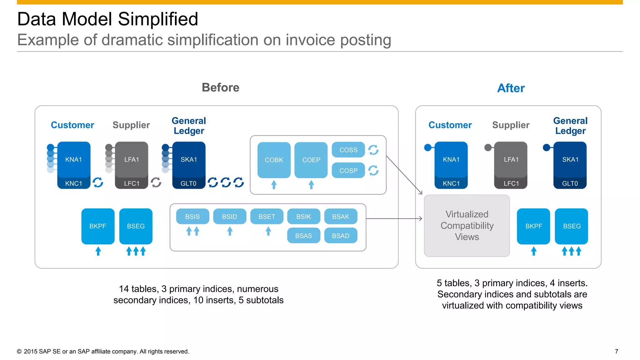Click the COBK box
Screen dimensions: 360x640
tap(274, 160)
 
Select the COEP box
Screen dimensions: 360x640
tap(311, 160)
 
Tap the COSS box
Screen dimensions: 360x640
tap(348, 150)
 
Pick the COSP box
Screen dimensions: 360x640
tap(348, 170)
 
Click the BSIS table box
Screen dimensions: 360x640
tap(192, 216)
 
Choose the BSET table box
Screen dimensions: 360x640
tap(267, 216)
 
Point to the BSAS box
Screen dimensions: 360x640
tap(303, 236)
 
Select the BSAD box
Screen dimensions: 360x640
tap(340, 236)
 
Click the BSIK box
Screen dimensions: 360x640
tap(303, 216)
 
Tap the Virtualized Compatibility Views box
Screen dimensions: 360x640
tap(467, 225)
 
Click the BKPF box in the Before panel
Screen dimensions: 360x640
tap(97, 226)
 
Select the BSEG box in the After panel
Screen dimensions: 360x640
tap(571, 226)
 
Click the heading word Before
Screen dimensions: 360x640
tap(220, 87)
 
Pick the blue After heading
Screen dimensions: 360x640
tap(511, 88)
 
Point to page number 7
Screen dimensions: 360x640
tap(616, 351)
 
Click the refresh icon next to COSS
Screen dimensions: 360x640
tap(373, 150)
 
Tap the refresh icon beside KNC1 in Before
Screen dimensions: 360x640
tap(98, 182)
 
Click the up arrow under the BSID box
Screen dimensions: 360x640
tap(230, 231)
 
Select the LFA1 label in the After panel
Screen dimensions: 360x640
tap(511, 159)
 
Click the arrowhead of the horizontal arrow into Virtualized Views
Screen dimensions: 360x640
tap(421, 219)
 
